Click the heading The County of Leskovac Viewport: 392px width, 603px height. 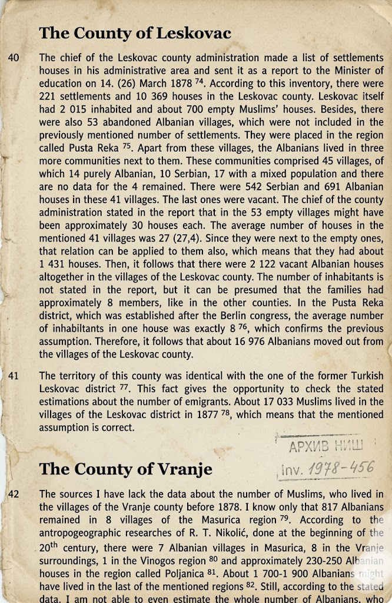(135, 33)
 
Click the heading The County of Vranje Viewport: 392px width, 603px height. (125, 469)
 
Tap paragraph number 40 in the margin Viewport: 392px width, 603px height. (14, 58)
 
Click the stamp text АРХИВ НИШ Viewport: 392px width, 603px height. (327, 446)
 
